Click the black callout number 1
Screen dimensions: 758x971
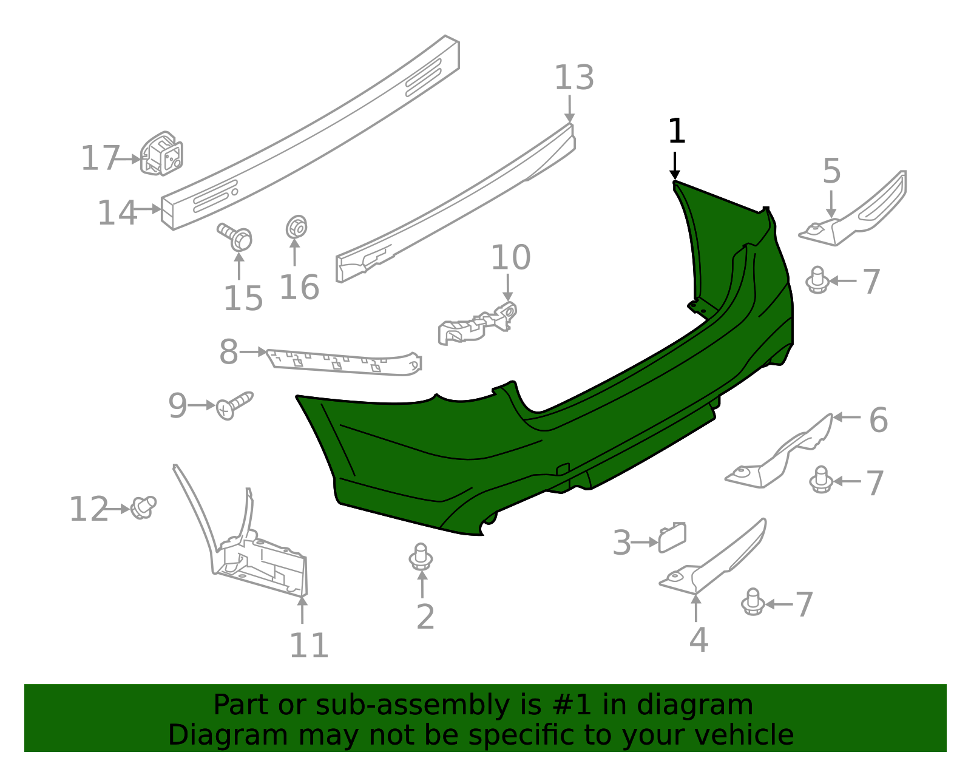pyautogui.click(x=676, y=132)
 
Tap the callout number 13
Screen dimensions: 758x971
pyautogui.click(x=574, y=78)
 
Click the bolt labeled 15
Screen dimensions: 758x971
pyautogui.click(x=237, y=237)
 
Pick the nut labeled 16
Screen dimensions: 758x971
pyautogui.click(x=296, y=228)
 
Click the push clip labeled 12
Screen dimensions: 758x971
pyautogui.click(x=144, y=507)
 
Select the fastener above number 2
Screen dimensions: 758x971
pyautogui.click(x=421, y=557)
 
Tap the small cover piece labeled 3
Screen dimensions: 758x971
pyautogui.click(x=672, y=537)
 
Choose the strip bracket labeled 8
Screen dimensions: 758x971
pyautogui.click(x=343, y=362)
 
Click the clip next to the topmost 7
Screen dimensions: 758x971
pyautogui.click(x=817, y=280)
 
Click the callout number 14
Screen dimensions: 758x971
pyautogui.click(x=117, y=213)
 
